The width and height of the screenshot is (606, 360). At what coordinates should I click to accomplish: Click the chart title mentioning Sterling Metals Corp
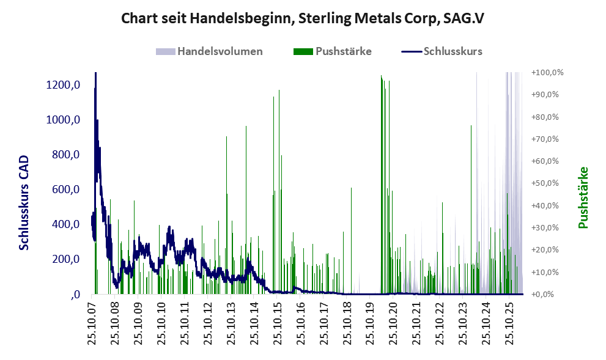[x=303, y=18]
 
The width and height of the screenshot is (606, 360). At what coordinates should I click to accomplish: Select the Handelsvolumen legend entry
[x=209, y=51]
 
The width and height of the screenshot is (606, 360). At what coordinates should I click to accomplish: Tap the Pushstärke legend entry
[x=333, y=51]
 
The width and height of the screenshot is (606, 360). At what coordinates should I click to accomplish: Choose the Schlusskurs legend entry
[x=442, y=51]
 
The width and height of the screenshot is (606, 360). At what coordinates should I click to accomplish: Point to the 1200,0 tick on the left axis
[x=63, y=84]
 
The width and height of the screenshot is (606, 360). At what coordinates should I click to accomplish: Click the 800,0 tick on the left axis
[x=65, y=155]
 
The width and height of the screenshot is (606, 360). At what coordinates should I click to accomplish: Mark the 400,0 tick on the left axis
[x=65, y=224]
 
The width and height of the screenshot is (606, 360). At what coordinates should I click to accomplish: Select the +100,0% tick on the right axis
[x=547, y=73]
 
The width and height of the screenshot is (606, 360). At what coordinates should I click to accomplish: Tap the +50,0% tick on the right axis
[x=545, y=183]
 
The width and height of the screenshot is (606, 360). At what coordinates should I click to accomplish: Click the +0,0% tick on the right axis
[x=542, y=295]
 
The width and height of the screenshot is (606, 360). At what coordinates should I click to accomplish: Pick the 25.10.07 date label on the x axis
[x=92, y=324]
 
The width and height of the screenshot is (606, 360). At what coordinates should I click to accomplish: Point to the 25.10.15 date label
[x=277, y=324]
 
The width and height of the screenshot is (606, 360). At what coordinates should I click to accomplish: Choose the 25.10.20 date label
[x=393, y=324]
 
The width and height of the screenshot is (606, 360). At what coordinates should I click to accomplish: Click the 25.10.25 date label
[x=509, y=324]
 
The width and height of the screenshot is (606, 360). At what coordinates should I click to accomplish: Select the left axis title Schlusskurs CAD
[x=24, y=202]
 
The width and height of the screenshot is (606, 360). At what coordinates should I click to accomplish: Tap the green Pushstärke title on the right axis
[x=583, y=197]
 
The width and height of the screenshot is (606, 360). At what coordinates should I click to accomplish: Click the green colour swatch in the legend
[x=303, y=51]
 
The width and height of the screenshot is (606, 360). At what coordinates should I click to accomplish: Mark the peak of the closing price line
[x=95, y=73]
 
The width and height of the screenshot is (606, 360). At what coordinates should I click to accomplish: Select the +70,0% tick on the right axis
[x=545, y=139]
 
